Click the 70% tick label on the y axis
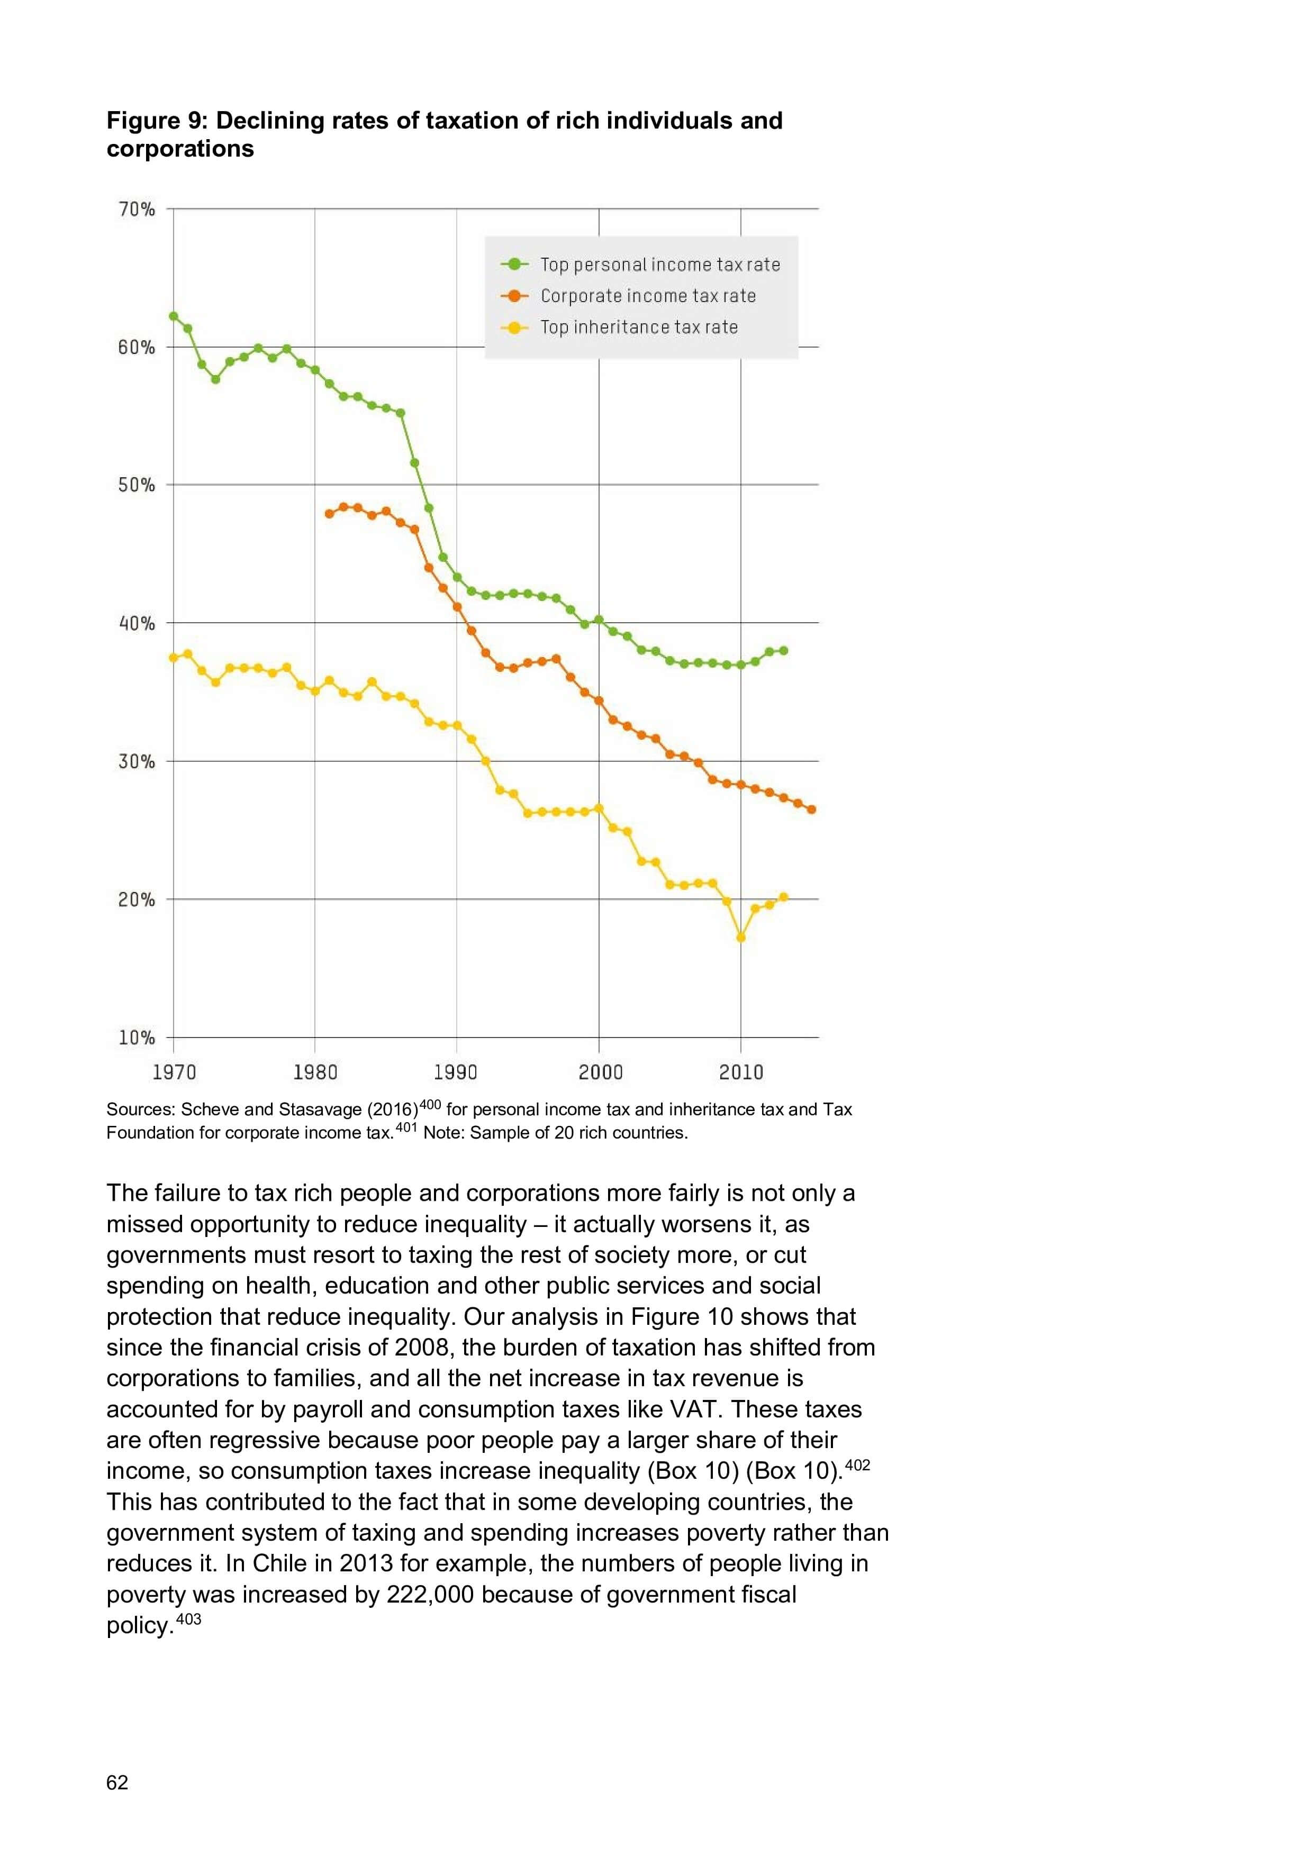137,210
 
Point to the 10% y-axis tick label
137,1038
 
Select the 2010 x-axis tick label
740,1072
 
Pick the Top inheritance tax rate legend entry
639,327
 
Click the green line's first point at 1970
173,316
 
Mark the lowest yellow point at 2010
740,938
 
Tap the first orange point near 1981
329,514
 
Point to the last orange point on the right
812,809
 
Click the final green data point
783,651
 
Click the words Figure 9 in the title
157,121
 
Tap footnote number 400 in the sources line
430,1104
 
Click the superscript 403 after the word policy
188,1619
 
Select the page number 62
117,1782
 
